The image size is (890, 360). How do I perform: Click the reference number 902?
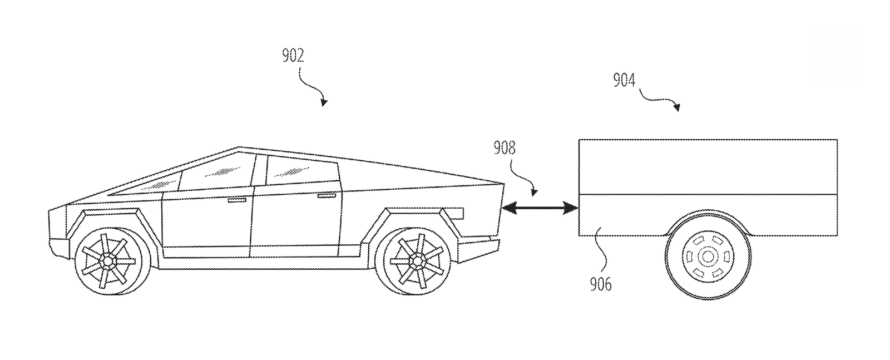point(293,56)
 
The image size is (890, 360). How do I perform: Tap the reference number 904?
point(624,81)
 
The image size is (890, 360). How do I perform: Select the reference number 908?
point(505,148)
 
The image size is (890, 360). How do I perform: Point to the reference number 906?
point(600,284)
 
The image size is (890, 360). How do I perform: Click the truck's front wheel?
point(107,260)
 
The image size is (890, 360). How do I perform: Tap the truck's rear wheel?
point(416,260)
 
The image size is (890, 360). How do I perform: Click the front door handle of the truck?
point(238,199)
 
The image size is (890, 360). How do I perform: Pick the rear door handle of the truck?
point(327,195)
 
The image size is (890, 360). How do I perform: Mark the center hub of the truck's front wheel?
point(107,260)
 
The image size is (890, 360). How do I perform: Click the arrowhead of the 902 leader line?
point(324,102)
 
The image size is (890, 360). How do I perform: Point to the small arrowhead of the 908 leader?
point(533,193)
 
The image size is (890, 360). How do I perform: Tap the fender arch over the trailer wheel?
point(708,216)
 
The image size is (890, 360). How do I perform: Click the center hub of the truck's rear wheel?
point(416,260)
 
